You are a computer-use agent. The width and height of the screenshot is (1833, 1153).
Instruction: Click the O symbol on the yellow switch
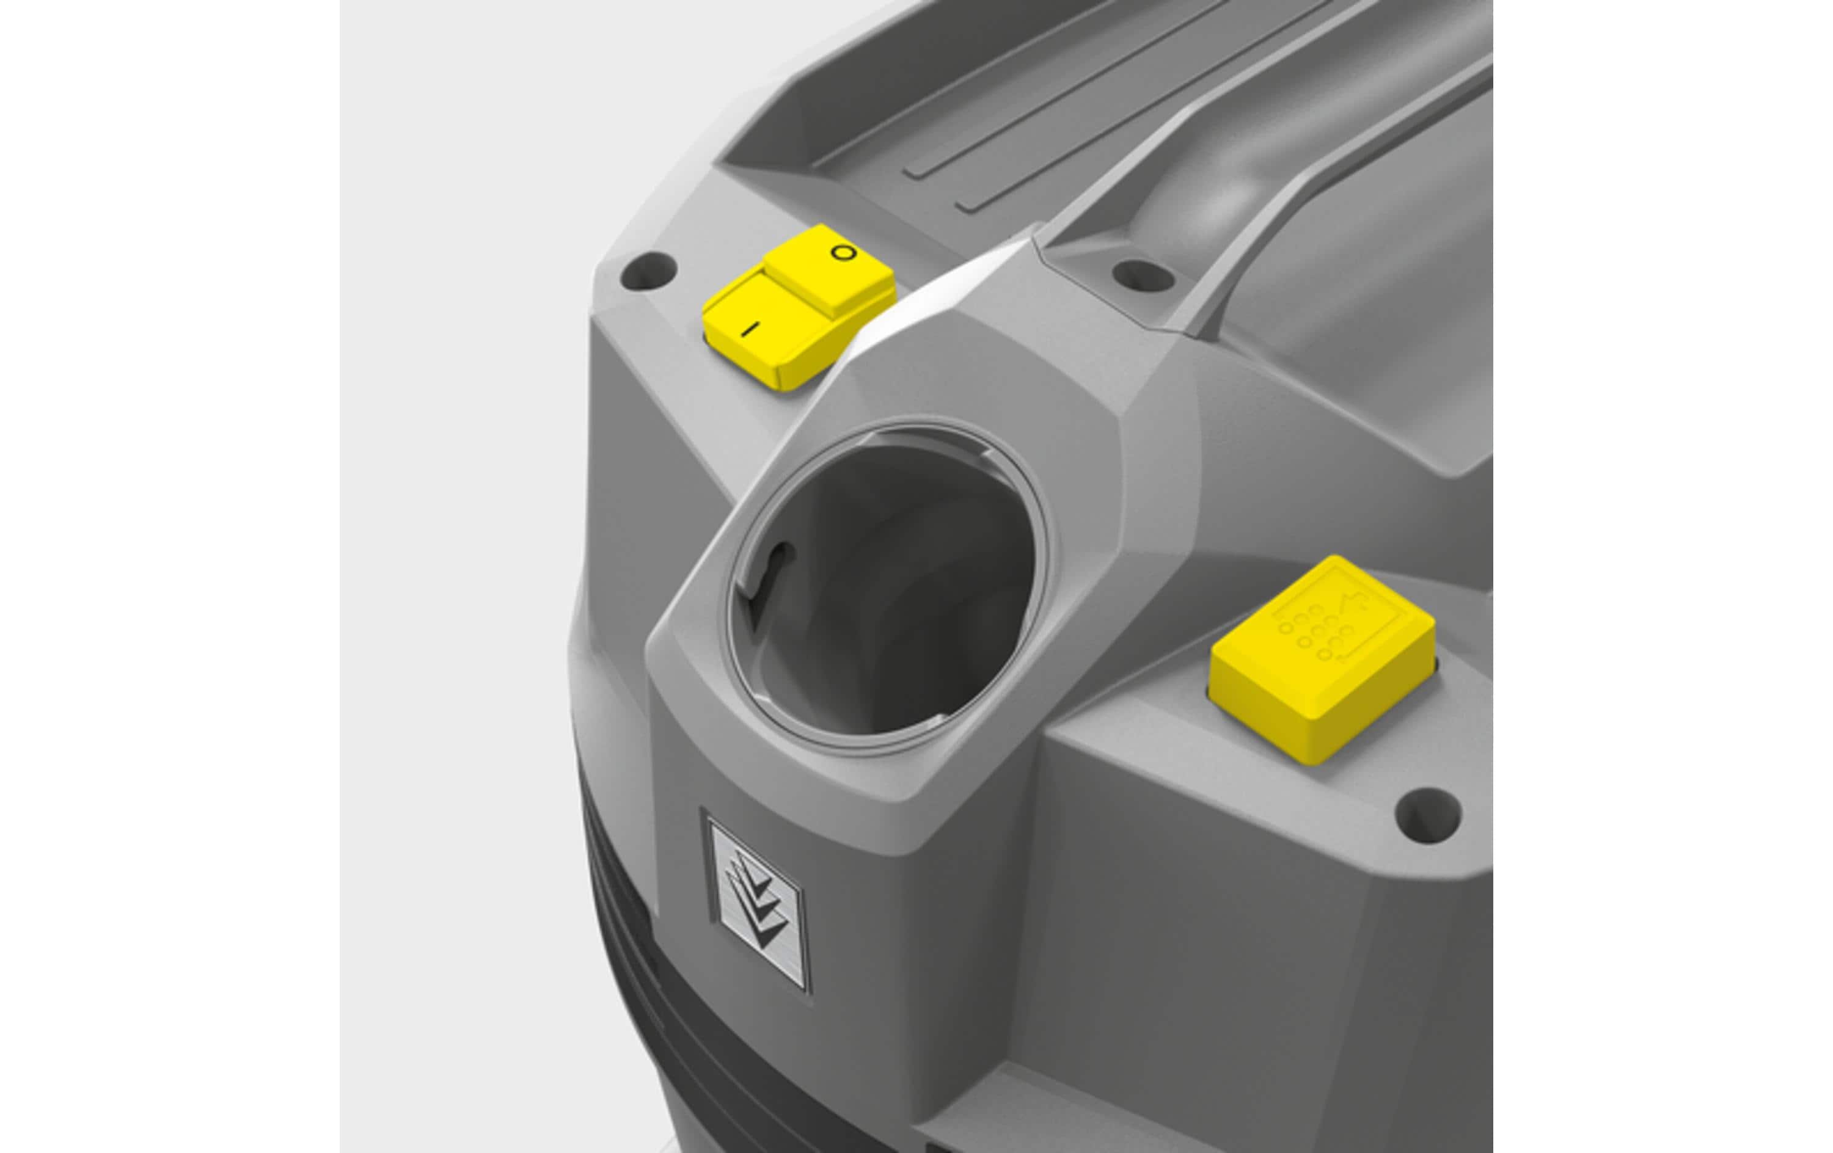[x=843, y=252]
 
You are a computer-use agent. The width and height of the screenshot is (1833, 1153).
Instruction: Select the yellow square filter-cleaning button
[x=1323, y=658]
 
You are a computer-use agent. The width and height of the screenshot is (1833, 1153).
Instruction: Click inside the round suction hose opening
[x=887, y=586]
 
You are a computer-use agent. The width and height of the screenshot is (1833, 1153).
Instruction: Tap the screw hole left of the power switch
[x=648, y=271]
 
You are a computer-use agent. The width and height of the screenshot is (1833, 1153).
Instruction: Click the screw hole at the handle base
[x=1143, y=275]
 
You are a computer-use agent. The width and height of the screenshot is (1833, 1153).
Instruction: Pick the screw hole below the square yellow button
[x=1428, y=815]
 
